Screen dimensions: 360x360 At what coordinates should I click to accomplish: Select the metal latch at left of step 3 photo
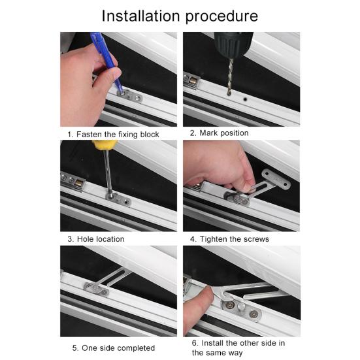click(x=73, y=178)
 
